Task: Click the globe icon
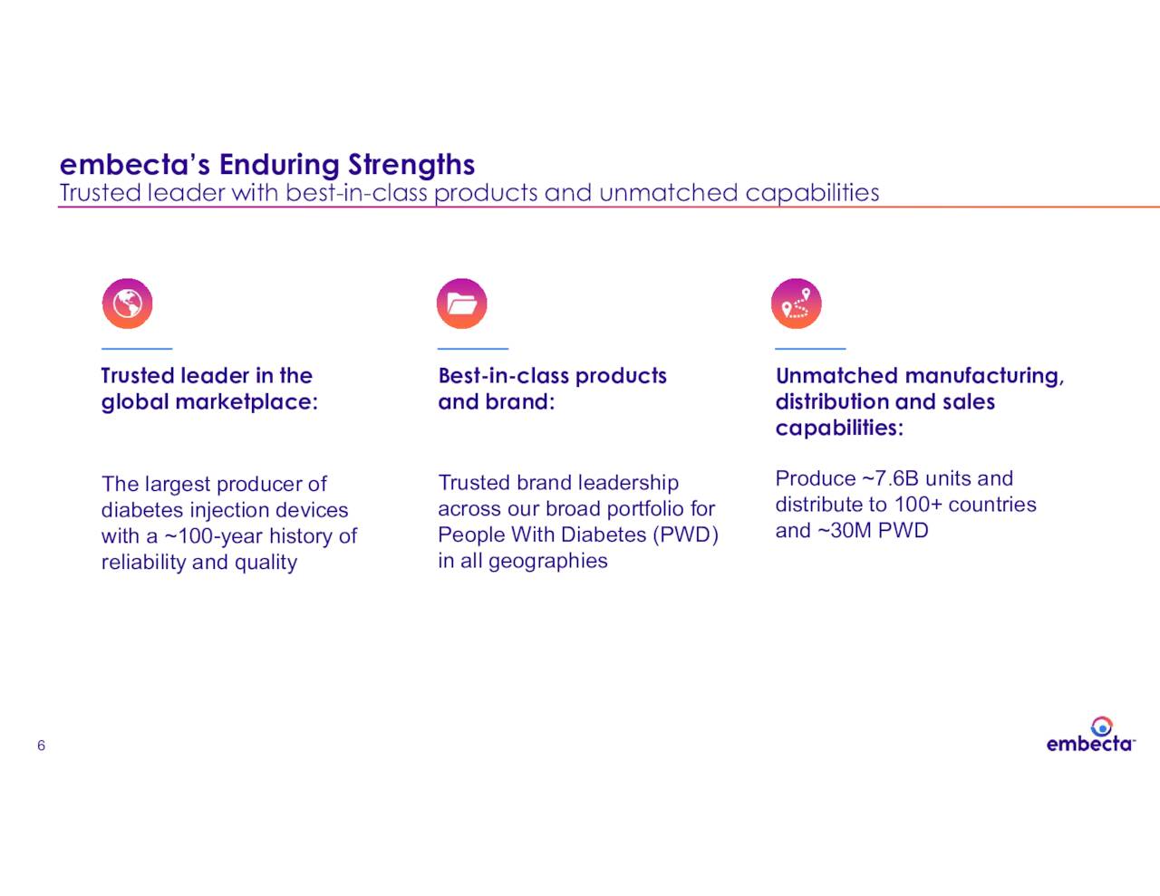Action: coord(127,303)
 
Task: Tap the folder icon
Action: coord(462,303)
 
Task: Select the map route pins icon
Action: coord(796,303)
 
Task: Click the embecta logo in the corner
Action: coord(1090,736)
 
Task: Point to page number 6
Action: coord(41,746)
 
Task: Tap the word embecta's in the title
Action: coord(135,165)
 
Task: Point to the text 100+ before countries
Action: coord(917,505)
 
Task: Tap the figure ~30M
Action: coord(845,531)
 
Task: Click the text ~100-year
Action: coord(213,536)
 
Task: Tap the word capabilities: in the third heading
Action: coord(839,429)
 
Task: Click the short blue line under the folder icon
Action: coord(472,348)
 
